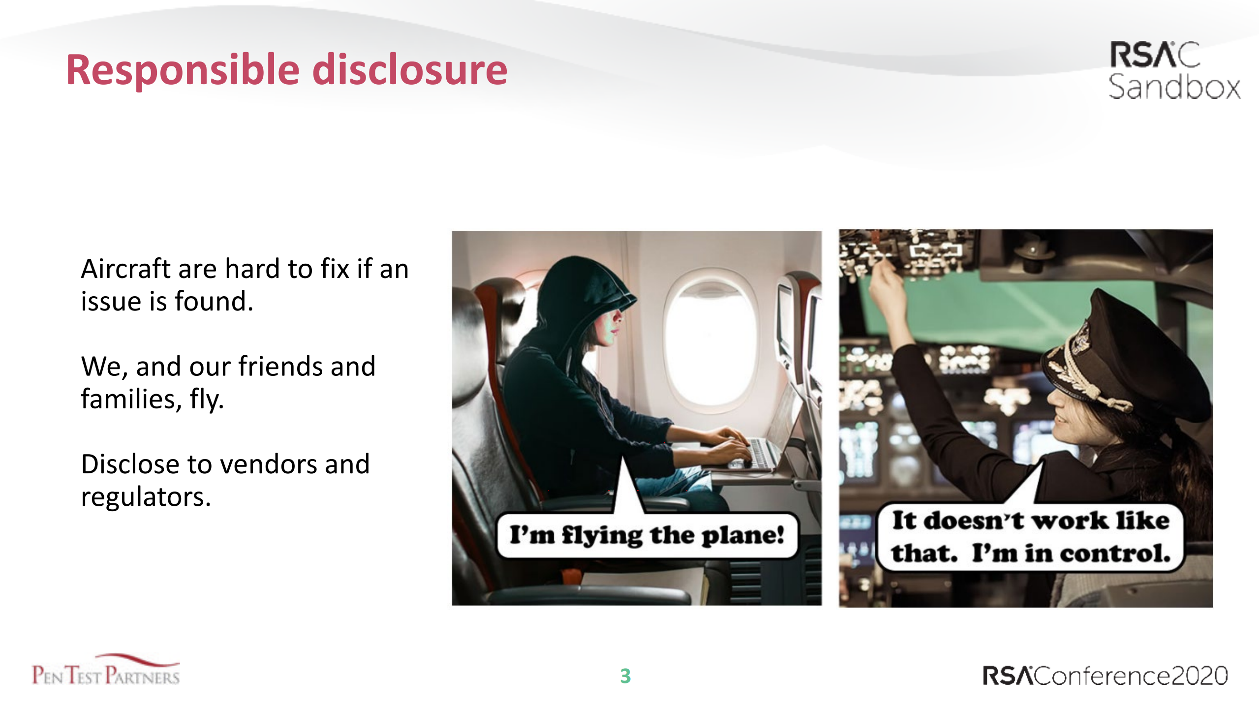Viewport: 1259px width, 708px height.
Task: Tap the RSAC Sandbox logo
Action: pyautogui.click(x=1174, y=70)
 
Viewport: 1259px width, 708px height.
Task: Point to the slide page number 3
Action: pyautogui.click(x=625, y=676)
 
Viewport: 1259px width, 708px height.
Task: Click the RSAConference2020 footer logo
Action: pyautogui.click(x=1105, y=676)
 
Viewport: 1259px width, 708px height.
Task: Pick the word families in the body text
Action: pyautogui.click(x=127, y=399)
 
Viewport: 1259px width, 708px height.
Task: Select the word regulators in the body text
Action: pyautogui.click(x=146, y=497)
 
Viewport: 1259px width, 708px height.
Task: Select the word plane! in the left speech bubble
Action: pyautogui.click(x=743, y=536)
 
